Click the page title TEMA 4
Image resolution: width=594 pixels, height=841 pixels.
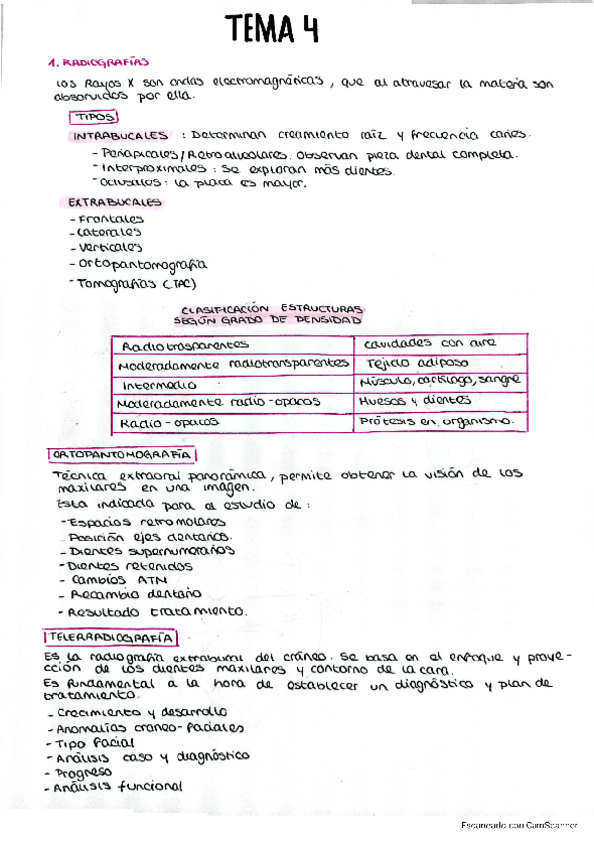point(271,29)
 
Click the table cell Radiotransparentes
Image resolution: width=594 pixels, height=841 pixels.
point(184,345)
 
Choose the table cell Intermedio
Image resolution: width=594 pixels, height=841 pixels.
point(159,384)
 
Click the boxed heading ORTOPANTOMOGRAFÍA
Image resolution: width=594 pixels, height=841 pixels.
point(121,454)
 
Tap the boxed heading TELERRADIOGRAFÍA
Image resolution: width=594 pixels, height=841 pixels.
point(111,637)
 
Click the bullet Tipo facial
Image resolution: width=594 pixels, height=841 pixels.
point(95,742)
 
